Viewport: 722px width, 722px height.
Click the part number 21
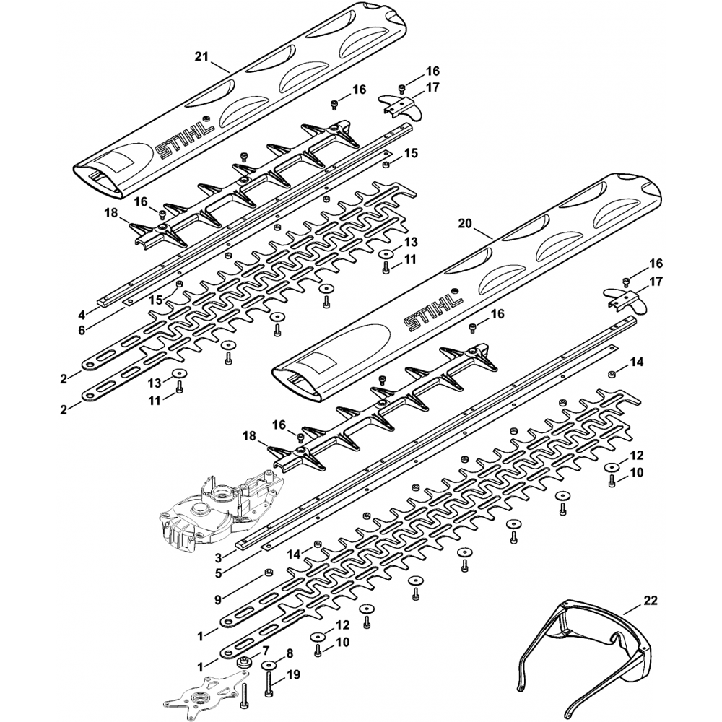coord(202,55)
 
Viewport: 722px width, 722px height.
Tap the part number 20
coord(464,225)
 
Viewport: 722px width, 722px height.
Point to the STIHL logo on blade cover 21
coord(186,139)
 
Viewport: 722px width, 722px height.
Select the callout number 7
coord(266,651)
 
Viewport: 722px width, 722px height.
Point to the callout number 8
coord(290,653)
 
